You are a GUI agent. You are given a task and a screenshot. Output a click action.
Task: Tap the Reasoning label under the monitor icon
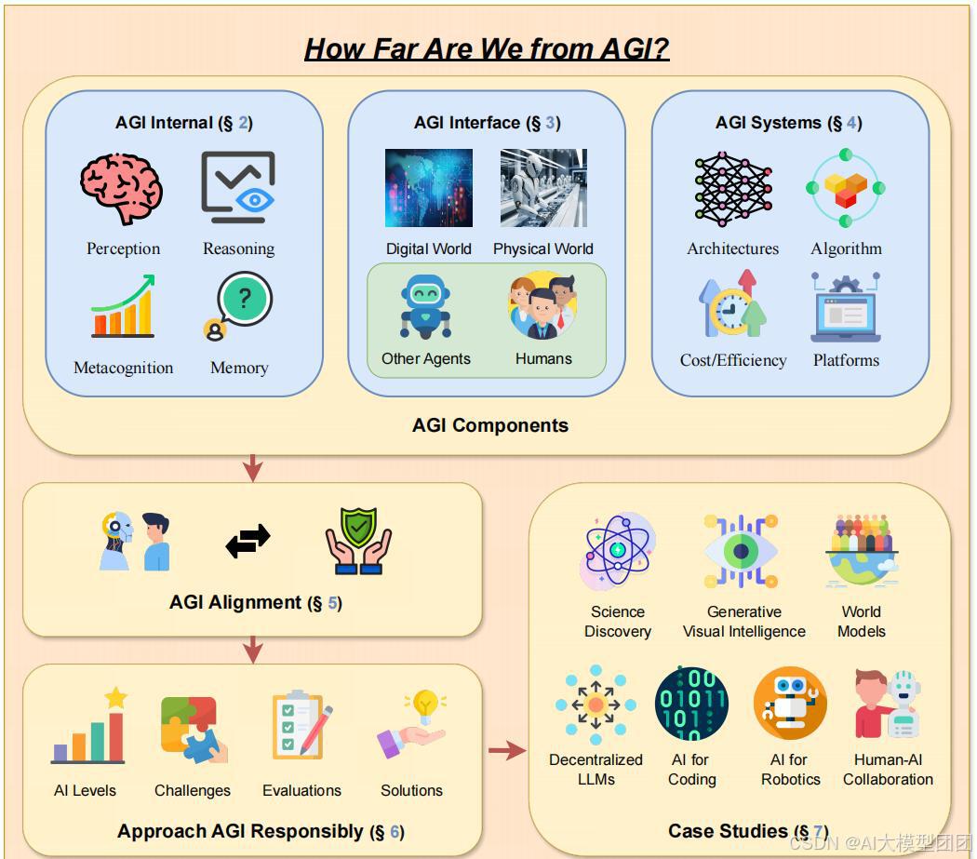(x=239, y=248)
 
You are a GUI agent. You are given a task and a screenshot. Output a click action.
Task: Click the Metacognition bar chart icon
(x=122, y=306)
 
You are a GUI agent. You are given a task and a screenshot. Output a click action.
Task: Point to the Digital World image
(x=429, y=189)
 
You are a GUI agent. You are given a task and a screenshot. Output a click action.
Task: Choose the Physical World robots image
(x=543, y=189)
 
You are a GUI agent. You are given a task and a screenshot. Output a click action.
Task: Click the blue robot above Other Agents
(x=426, y=307)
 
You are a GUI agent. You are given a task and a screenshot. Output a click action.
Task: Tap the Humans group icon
(x=543, y=305)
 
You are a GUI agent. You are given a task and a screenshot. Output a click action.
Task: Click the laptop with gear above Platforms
(x=845, y=308)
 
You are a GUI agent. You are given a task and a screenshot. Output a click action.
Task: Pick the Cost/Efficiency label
(x=733, y=360)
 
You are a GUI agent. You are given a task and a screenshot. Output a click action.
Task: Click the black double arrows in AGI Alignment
(x=248, y=541)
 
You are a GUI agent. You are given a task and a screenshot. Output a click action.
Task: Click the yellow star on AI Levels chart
(x=116, y=697)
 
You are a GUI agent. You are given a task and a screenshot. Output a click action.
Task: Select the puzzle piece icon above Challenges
(x=193, y=729)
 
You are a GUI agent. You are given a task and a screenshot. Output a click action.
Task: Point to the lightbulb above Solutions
(x=425, y=705)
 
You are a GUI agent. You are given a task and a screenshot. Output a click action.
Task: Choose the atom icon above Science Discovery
(x=618, y=551)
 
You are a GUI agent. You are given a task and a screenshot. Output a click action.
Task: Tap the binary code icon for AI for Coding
(x=691, y=704)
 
